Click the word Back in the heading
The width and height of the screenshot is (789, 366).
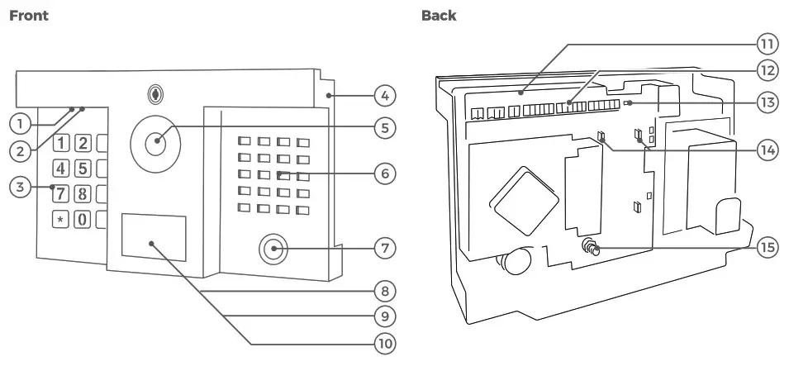click(438, 16)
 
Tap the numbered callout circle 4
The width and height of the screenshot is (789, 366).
click(383, 97)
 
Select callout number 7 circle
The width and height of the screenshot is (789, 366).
click(383, 247)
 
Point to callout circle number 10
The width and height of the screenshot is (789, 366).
click(383, 342)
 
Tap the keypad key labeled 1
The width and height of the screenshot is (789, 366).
click(62, 141)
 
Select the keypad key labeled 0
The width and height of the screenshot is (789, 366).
click(82, 220)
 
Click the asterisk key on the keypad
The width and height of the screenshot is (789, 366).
click(62, 220)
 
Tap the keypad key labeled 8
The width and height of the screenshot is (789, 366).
click(82, 194)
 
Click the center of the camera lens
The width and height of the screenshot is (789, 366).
click(155, 143)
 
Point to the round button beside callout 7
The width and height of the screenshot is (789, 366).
click(271, 248)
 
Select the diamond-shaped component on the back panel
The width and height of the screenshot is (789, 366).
click(521, 198)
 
